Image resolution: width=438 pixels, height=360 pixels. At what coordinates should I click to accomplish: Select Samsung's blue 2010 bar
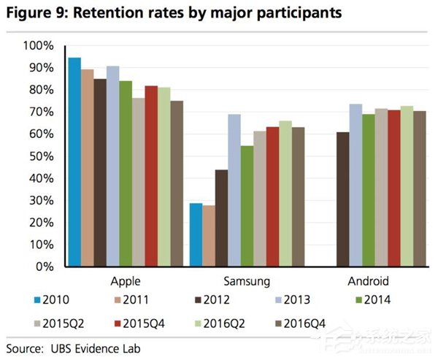(196, 234)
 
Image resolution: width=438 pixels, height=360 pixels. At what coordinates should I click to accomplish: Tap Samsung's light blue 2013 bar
(234, 190)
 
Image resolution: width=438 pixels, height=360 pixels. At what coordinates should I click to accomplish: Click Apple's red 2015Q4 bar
(151, 176)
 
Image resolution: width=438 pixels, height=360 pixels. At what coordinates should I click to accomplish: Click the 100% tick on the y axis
(39, 46)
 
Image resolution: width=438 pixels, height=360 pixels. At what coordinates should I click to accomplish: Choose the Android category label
(369, 281)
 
